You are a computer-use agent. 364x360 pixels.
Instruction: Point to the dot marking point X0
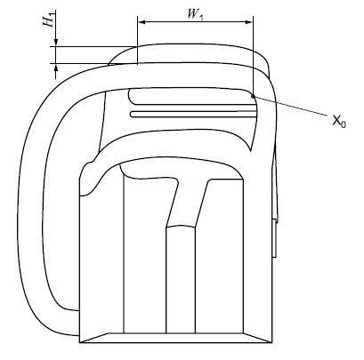tap(255, 95)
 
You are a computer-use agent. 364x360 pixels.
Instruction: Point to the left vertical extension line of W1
tap(137, 40)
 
